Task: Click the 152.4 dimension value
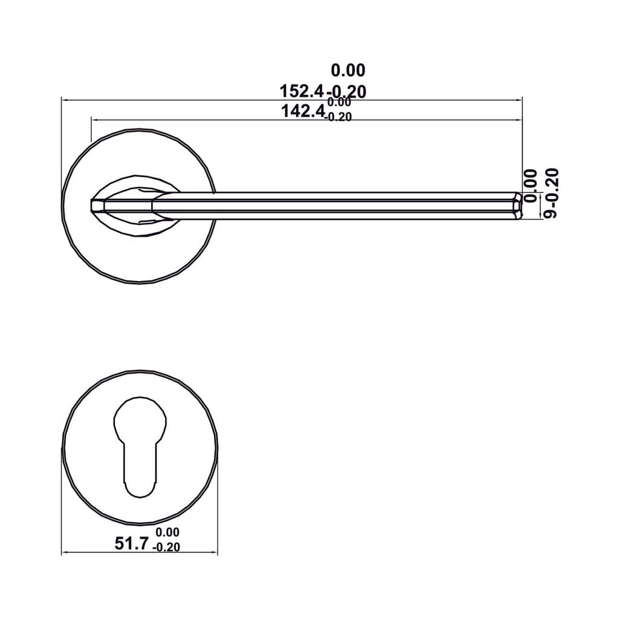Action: (302, 91)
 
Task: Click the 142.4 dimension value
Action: (303, 111)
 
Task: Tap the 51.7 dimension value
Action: (132, 544)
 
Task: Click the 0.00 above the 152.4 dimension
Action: (348, 71)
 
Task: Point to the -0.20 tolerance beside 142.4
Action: (338, 118)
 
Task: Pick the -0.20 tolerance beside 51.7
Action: (167, 548)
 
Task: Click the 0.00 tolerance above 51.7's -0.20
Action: (167, 533)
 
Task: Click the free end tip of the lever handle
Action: (517, 206)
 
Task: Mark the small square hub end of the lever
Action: (97, 206)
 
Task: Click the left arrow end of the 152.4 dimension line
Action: (63, 99)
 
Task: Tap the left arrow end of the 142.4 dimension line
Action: (92, 120)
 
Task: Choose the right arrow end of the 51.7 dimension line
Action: (216, 552)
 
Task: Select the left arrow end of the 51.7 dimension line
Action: (63, 552)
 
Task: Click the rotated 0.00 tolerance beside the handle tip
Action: (530, 186)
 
